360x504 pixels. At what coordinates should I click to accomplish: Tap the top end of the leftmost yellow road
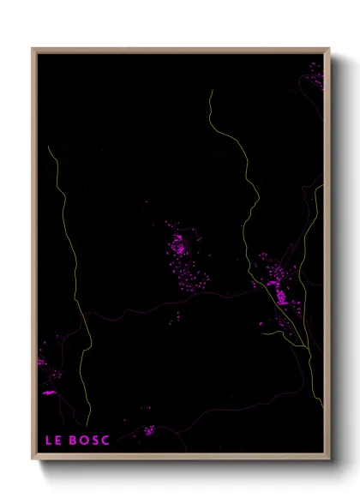pos(49,147)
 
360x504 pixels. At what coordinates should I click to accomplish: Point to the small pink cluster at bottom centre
pos(148,429)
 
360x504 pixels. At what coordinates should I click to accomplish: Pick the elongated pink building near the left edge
pos(48,392)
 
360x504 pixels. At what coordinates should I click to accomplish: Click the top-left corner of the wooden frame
pos(33,49)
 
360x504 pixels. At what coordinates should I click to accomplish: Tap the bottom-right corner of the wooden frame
pos(329,459)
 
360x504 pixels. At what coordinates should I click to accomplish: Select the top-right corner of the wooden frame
pos(329,49)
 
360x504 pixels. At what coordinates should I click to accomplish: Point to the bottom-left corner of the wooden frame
pos(33,459)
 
